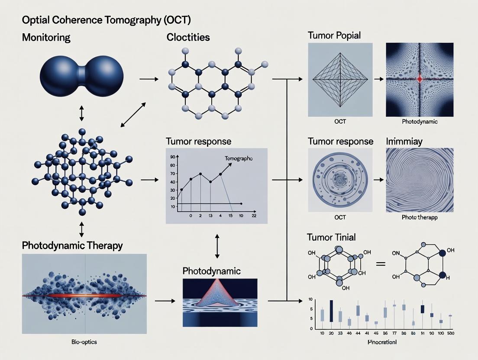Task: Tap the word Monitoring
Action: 46,37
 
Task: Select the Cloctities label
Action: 188,37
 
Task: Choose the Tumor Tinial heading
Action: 331,237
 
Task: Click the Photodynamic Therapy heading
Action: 72,245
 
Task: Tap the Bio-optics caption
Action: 84,342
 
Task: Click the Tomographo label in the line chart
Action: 239,159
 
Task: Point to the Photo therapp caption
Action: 419,217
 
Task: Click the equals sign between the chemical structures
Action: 381,263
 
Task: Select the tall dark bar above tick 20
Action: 331,311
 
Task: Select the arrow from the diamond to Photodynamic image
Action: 379,79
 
